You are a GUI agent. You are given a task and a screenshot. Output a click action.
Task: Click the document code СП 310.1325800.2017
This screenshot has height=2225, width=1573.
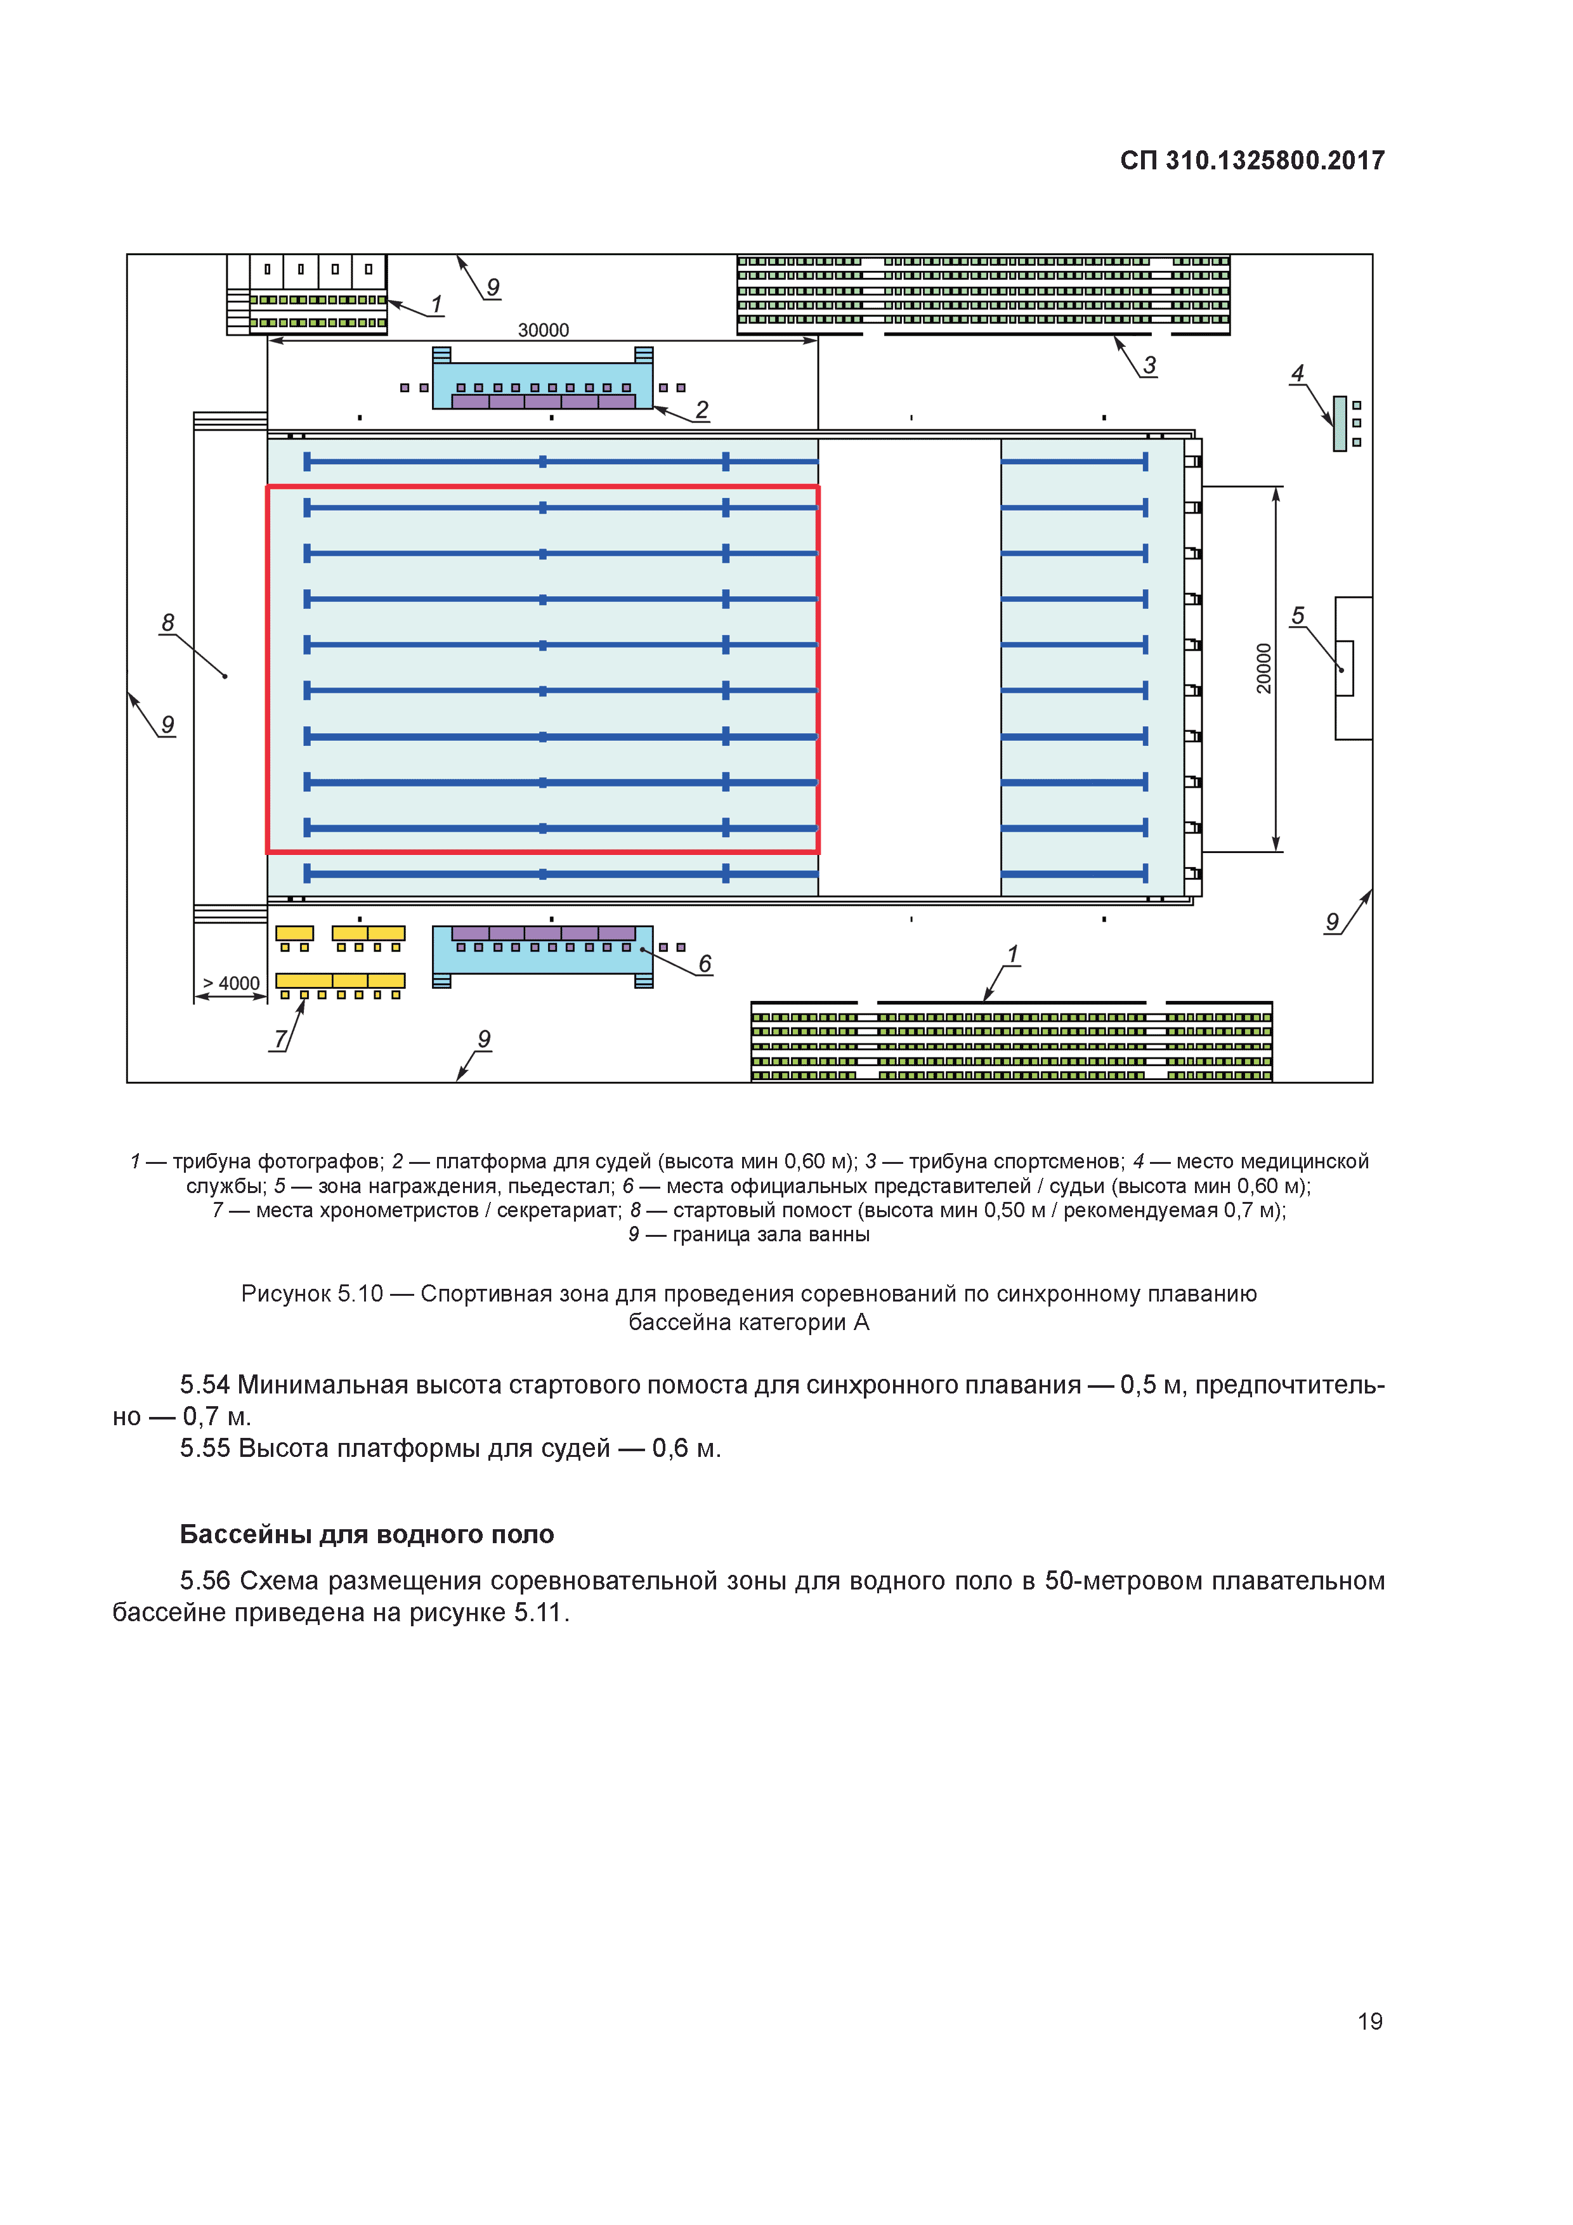click(1251, 161)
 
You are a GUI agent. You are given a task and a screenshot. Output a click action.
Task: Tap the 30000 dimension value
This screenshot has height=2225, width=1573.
click(543, 330)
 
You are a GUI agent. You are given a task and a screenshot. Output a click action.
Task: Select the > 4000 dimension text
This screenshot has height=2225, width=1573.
click(231, 984)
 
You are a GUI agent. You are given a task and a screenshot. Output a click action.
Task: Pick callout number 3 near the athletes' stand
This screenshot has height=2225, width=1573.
click(1149, 365)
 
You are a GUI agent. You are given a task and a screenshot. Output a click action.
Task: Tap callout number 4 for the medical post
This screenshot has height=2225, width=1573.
click(1298, 373)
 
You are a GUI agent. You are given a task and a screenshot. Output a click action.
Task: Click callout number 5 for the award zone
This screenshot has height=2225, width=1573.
click(1298, 617)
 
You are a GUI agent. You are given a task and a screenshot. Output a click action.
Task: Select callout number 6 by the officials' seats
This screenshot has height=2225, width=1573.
click(705, 964)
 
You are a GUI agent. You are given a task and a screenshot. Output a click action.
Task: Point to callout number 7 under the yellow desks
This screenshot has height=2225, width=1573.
click(280, 1039)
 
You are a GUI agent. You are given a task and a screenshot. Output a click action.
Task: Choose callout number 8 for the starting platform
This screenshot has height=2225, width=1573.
click(167, 622)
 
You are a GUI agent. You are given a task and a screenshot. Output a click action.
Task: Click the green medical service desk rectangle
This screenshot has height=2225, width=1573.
click(1340, 424)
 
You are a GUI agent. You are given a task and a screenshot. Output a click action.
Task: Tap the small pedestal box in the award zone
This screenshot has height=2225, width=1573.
click(1345, 668)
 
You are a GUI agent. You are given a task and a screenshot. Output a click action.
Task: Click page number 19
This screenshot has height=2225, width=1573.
click(1369, 2021)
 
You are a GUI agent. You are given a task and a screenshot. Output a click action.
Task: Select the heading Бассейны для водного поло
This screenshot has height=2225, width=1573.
click(367, 1534)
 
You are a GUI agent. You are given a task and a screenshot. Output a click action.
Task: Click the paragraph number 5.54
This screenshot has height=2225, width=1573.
click(204, 1385)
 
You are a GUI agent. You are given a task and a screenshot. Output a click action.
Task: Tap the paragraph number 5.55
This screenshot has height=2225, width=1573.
click(204, 1448)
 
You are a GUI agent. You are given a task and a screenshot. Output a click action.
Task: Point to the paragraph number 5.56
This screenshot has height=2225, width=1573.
click(204, 1581)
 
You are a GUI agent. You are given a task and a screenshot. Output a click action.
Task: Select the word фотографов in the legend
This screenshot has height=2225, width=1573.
click(320, 1161)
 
